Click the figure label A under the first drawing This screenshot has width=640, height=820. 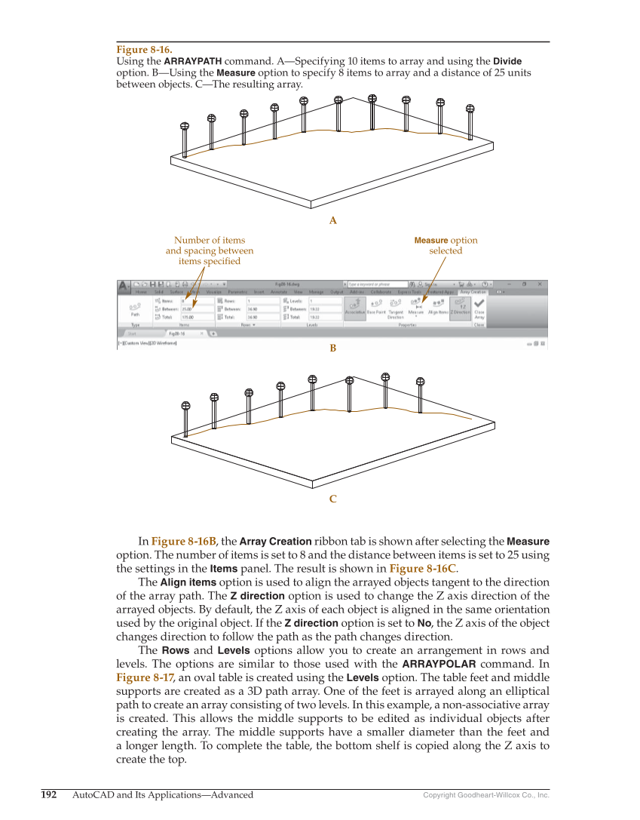[x=332, y=221]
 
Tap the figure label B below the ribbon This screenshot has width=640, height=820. [x=332, y=349]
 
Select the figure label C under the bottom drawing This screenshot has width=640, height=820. [x=332, y=499]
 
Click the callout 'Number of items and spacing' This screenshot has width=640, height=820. [x=210, y=250]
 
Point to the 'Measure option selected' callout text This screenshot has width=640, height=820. [x=446, y=245]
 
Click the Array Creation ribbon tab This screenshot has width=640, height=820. [x=474, y=291]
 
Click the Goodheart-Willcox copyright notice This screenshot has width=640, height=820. [x=486, y=795]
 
